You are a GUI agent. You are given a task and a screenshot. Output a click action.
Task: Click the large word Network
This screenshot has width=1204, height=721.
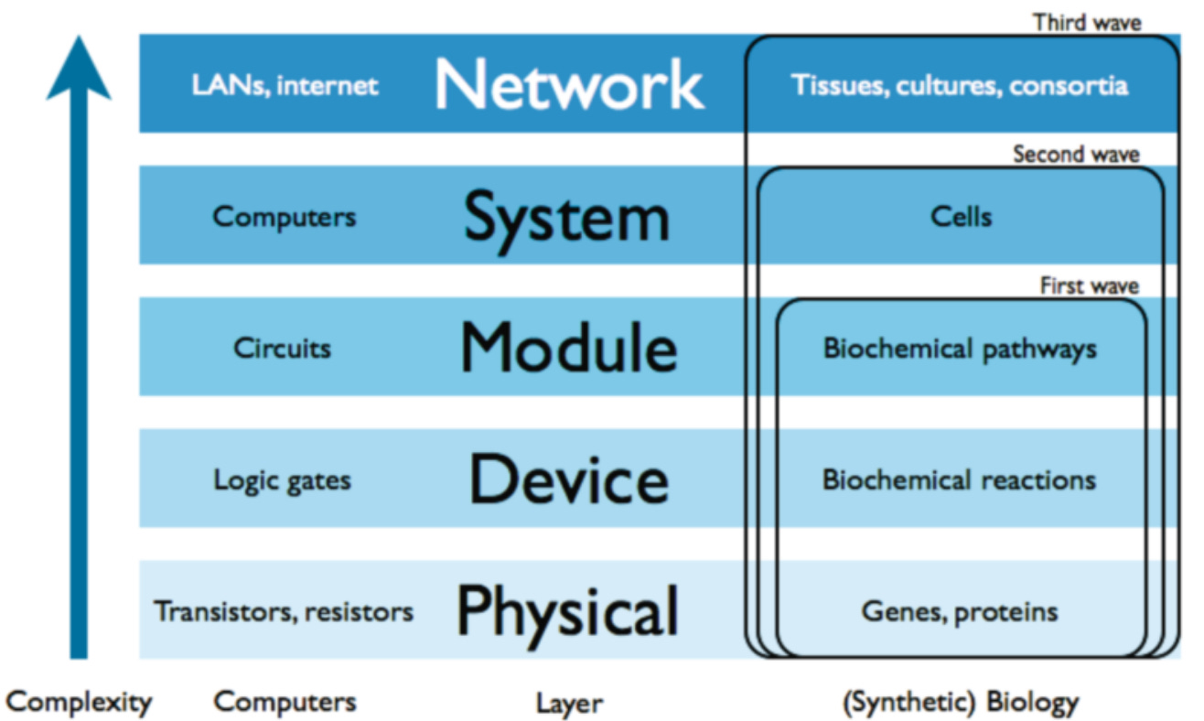coord(568,85)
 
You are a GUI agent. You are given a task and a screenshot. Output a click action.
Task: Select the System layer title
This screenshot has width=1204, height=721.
coord(566,218)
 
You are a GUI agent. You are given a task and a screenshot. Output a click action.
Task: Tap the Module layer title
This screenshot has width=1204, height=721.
coord(568,349)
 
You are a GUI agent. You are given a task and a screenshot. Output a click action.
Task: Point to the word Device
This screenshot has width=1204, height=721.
coord(568,479)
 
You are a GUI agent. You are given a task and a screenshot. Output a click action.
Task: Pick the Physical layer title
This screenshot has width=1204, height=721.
coord(567,611)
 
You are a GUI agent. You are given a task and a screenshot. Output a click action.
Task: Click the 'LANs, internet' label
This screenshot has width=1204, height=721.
coord(285,86)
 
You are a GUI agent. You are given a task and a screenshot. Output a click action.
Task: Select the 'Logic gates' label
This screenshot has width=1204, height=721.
coord(282,480)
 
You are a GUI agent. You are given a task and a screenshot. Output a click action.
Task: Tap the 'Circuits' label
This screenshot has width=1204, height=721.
coord(282,349)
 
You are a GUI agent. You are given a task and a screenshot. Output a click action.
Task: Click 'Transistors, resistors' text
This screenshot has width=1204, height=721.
coord(284,611)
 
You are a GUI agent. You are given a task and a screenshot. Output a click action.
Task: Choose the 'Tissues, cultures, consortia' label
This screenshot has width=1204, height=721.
coord(960,86)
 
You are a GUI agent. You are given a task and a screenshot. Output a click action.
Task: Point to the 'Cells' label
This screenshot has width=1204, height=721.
coord(961,217)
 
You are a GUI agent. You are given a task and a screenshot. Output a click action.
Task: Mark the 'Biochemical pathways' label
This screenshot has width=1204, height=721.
coord(960,350)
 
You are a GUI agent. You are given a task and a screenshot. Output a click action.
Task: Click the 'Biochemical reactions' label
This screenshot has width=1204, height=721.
coord(959,480)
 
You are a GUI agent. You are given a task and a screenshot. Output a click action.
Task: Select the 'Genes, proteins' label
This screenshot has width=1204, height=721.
coord(960,611)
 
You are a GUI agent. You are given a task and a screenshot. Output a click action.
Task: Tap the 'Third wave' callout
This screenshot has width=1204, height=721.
coord(1087,22)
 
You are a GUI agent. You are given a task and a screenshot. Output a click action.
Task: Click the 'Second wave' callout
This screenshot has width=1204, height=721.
coord(1076,154)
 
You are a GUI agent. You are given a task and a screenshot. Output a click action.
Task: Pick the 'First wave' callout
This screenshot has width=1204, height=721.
coord(1089,286)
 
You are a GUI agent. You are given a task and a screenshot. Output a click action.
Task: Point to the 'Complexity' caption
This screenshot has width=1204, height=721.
coord(79,703)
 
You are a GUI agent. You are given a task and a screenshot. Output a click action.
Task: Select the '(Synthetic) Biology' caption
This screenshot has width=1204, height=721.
coord(960,703)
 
